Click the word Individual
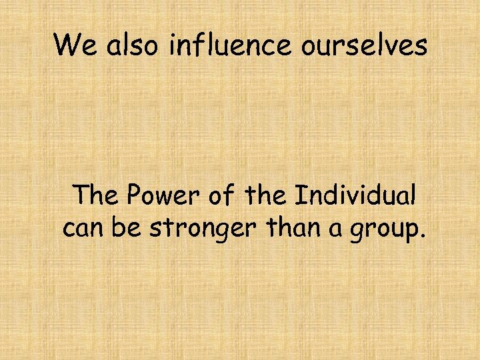[x=355, y=196]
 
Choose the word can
[x=83, y=228]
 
